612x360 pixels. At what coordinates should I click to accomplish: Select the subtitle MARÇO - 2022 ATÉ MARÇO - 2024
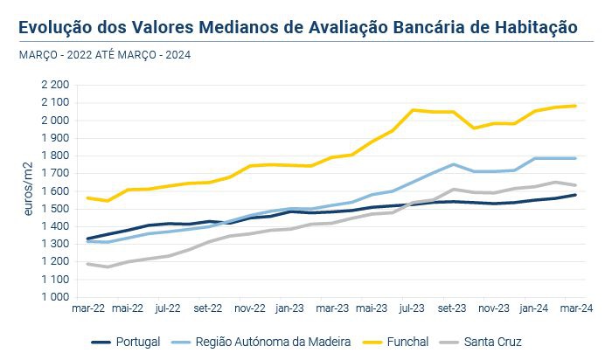pyautogui.click(x=104, y=55)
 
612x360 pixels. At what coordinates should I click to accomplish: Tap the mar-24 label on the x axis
pyautogui.click(x=574, y=308)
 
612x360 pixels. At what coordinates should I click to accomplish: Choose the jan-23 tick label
pyautogui.click(x=290, y=308)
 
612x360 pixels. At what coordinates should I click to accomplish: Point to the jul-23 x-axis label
pyautogui.click(x=412, y=308)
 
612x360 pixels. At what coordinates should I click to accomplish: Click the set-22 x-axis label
pyautogui.click(x=209, y=308)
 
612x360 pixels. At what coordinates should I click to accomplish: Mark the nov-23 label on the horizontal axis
pyautogui.click(x=493, y=308)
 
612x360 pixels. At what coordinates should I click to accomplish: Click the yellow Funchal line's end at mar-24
pyautogui.click(x=574, y=106)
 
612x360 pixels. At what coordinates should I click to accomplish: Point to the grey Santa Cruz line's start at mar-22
pyautogui.click(x=87, y=263)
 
